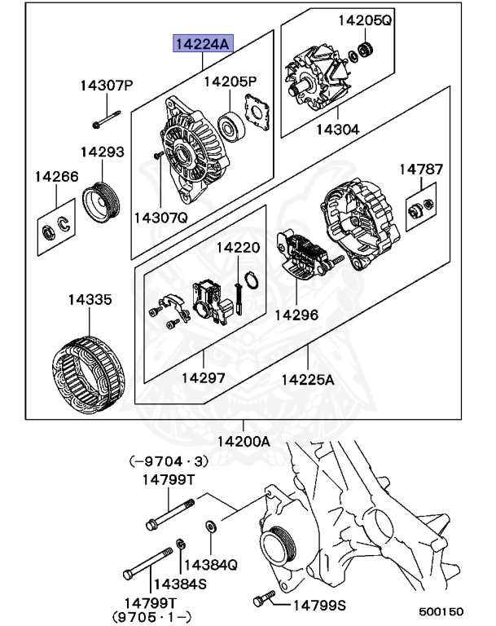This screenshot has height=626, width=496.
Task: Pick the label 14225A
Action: click(309, 379)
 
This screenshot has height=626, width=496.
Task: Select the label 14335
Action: click(90, 299)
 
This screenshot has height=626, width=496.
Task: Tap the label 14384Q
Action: click(211, 564)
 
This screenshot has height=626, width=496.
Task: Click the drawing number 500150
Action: click(441, 611)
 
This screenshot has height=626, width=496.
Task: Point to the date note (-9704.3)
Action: click(161, 461)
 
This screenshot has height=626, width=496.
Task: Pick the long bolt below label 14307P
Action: click(106, 121)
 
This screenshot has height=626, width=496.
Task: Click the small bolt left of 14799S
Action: click(261, 601)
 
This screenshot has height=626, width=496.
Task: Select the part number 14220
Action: click(238, 247)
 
